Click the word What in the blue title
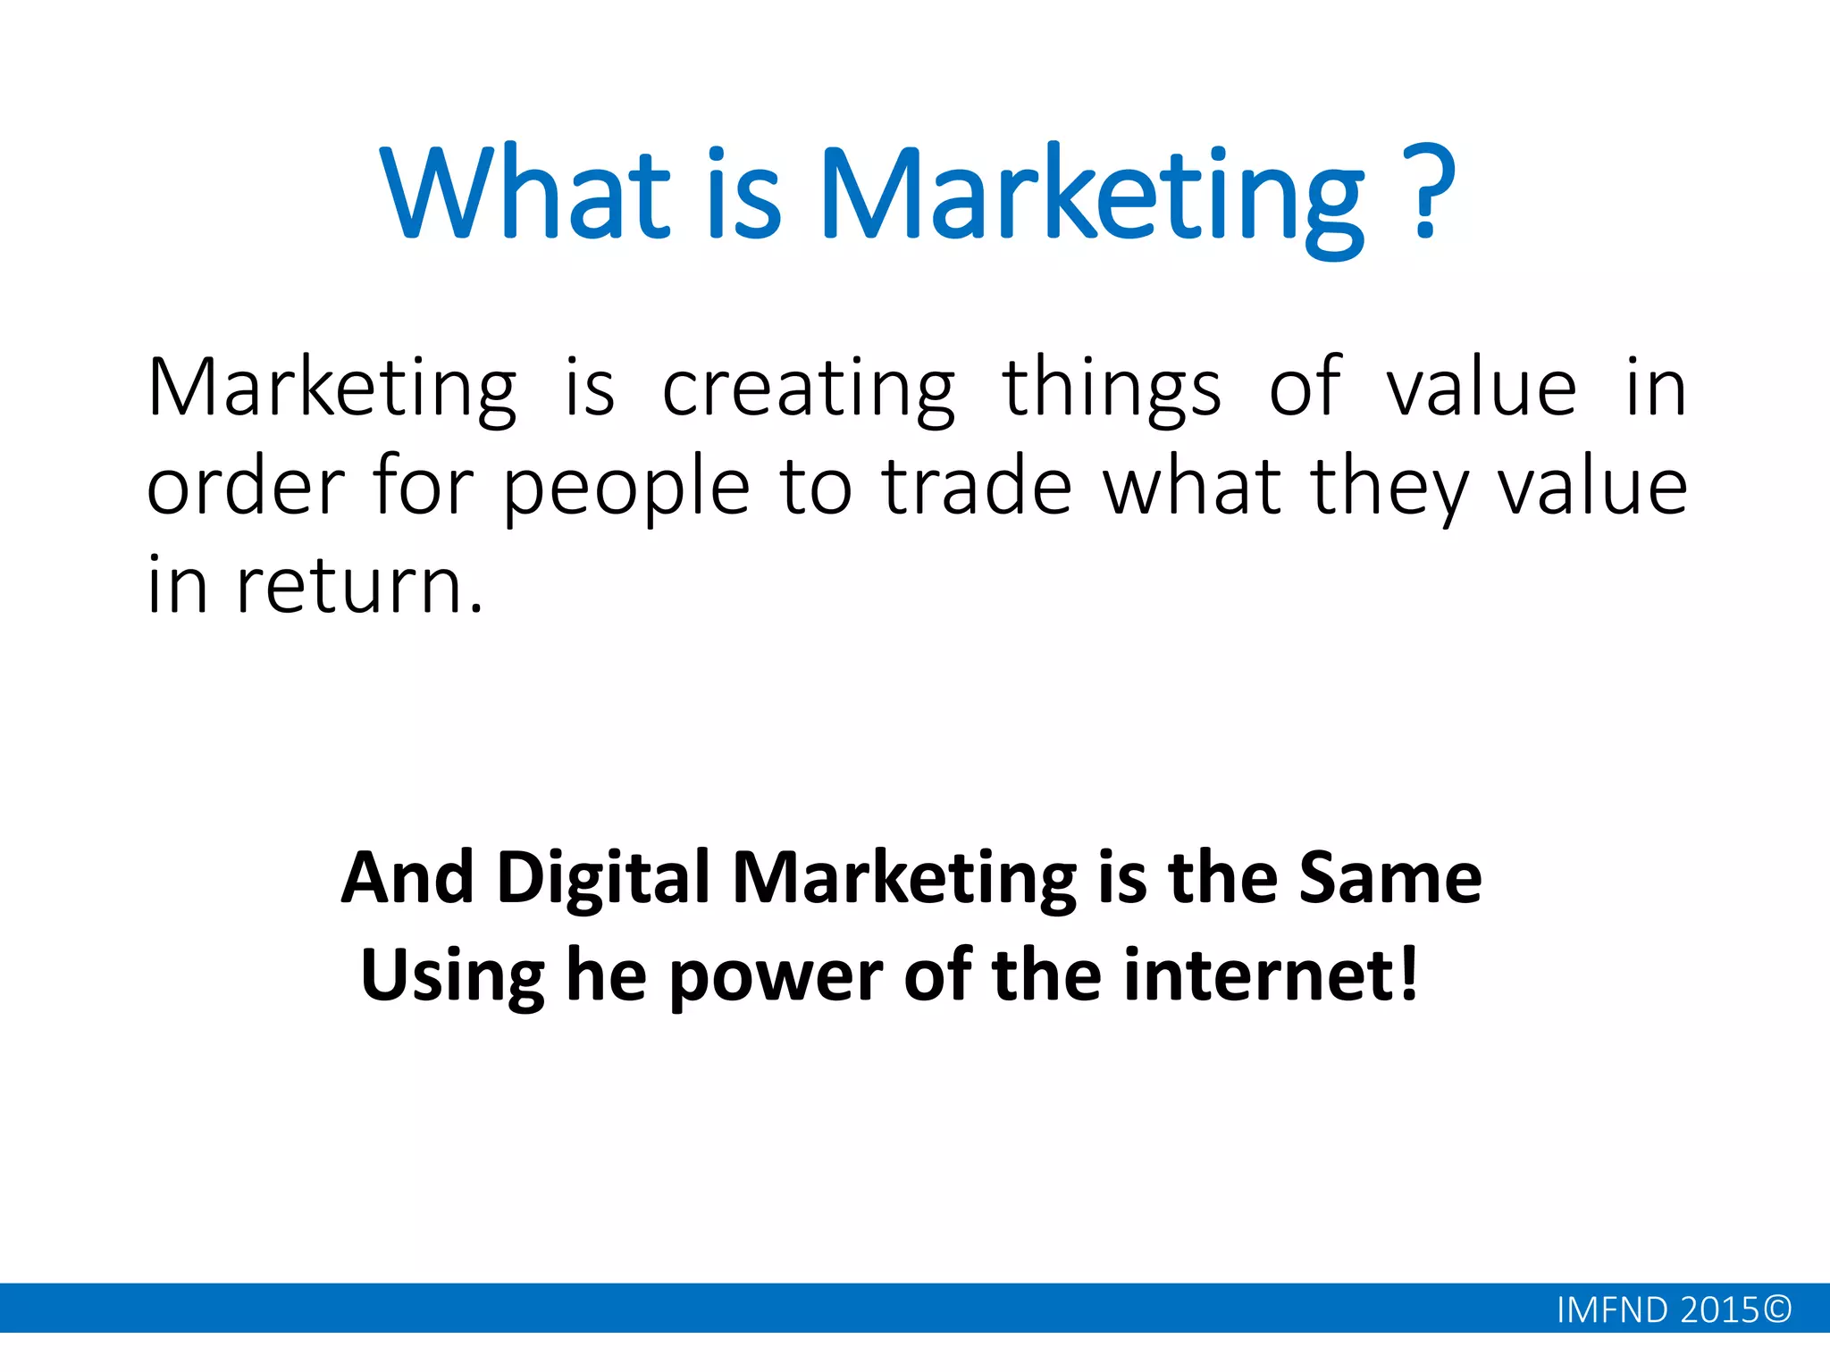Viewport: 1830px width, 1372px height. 525,195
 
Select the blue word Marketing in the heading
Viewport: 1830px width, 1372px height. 1093,198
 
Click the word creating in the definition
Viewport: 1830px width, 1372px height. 809,390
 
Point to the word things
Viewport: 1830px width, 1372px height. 1112,390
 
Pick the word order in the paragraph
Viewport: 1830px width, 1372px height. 246,488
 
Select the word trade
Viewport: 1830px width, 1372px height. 977,487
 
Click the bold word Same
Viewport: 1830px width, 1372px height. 1390,879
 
